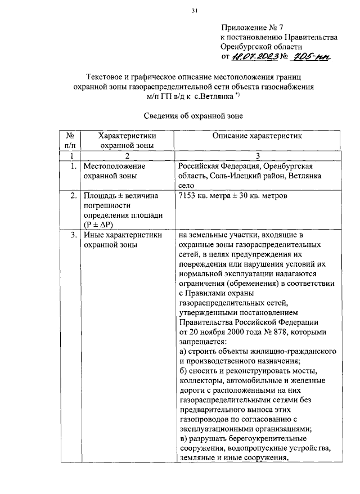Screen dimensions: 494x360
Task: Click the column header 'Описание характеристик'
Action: click(257, 136)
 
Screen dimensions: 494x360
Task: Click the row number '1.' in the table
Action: click(74, 166)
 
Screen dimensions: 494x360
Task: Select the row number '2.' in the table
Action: click(74, 196)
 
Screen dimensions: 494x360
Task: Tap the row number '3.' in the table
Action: click(74, 235)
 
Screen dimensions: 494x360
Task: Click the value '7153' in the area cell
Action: click(188, 196)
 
